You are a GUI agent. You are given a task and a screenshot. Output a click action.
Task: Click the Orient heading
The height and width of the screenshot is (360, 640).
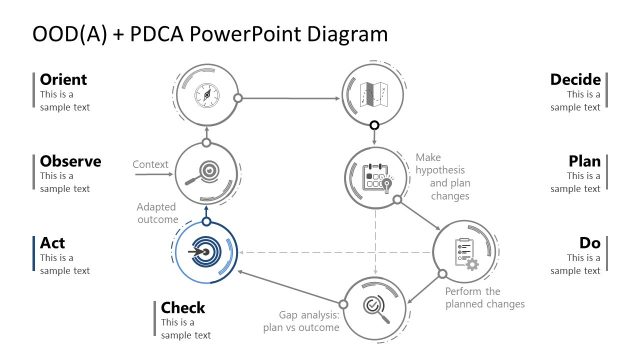(x=63, y=79)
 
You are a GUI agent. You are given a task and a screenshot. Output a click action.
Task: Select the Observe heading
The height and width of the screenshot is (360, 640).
(x=70, y=161)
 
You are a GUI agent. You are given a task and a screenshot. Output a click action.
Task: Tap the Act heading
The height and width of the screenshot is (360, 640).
(x=52, y=243)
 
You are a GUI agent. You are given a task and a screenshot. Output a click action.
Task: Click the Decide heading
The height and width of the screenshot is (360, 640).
(x=575, y=79)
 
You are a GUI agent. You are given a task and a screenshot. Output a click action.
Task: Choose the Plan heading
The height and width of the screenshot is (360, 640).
(x=584, y=161)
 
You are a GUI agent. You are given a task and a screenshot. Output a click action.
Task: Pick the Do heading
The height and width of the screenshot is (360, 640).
(x=590, y=243)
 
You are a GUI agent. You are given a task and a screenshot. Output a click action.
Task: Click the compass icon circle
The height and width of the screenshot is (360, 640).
(x=205, y=96)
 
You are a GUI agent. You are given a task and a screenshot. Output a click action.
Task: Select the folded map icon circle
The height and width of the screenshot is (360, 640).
(x=374, y=96)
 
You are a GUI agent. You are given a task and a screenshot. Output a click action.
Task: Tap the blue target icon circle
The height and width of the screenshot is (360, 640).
(x=205, y=252)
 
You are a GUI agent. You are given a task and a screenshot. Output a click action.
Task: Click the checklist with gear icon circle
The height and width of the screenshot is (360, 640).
(x=465, y=252)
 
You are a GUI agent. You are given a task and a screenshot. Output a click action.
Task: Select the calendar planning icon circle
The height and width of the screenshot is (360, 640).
(x=374, y=177)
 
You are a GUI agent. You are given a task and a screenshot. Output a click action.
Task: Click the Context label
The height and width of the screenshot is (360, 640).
(x=149, y=163)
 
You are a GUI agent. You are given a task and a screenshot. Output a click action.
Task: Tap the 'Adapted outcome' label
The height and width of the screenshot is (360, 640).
(x=157, y=213)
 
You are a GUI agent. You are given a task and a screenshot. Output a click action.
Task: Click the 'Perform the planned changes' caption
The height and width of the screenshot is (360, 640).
(x=485, y=297)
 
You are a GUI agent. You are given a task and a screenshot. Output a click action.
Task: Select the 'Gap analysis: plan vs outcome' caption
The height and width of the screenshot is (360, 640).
(x=303, y=320)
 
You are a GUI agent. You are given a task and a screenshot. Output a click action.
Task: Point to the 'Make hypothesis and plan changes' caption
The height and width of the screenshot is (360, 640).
(x=440, y=176)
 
